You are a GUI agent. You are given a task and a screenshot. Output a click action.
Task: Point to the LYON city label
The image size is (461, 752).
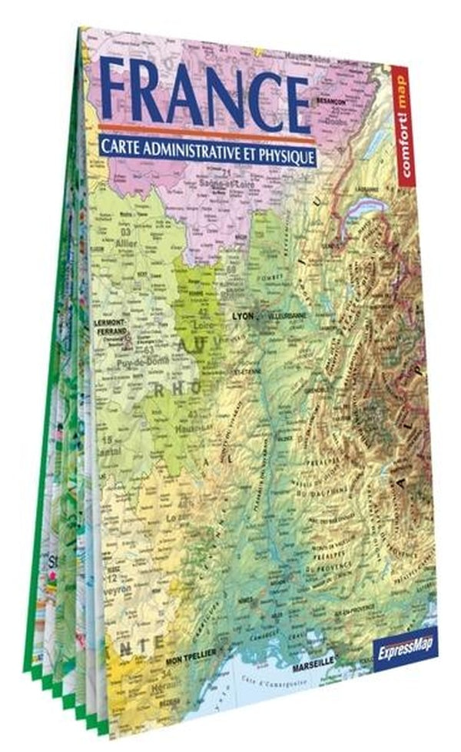(243, 315)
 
